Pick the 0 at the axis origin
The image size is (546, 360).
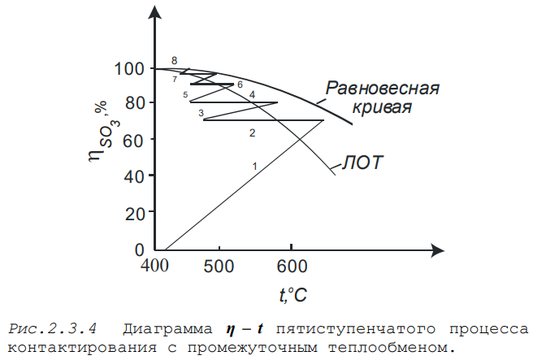coord(139,249)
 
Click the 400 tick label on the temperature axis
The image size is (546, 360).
coord(155,266)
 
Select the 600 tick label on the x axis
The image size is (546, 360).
coord(292,266)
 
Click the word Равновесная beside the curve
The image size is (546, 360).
coord(383,88)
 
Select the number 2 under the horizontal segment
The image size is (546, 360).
coord(252,132)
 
